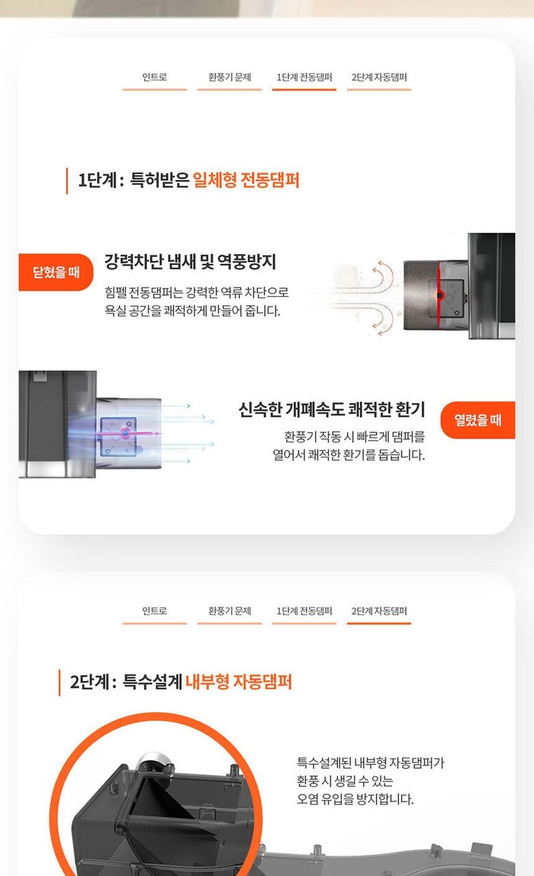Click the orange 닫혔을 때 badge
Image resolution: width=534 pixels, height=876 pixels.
56,272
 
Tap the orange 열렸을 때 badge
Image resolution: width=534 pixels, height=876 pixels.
478,420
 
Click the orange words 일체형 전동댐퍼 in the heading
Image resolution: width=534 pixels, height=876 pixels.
246,180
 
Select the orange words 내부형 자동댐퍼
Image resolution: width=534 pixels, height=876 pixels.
239,682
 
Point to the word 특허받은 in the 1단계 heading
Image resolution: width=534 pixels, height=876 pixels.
160,180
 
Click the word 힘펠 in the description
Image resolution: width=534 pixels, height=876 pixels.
115,292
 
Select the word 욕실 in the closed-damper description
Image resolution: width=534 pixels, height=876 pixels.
114,311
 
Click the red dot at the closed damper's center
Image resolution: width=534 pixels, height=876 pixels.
440,295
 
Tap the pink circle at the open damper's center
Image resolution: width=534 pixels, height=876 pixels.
125,433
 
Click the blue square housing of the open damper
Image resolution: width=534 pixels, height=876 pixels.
119,437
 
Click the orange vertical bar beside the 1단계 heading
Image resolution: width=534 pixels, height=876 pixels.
67,181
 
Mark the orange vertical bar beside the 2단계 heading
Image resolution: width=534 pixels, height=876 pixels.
60,682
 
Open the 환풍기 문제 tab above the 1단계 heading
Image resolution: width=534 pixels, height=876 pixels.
229,77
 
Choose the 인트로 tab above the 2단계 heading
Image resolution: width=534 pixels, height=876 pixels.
155,610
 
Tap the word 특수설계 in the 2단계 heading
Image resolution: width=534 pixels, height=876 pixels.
152,682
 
